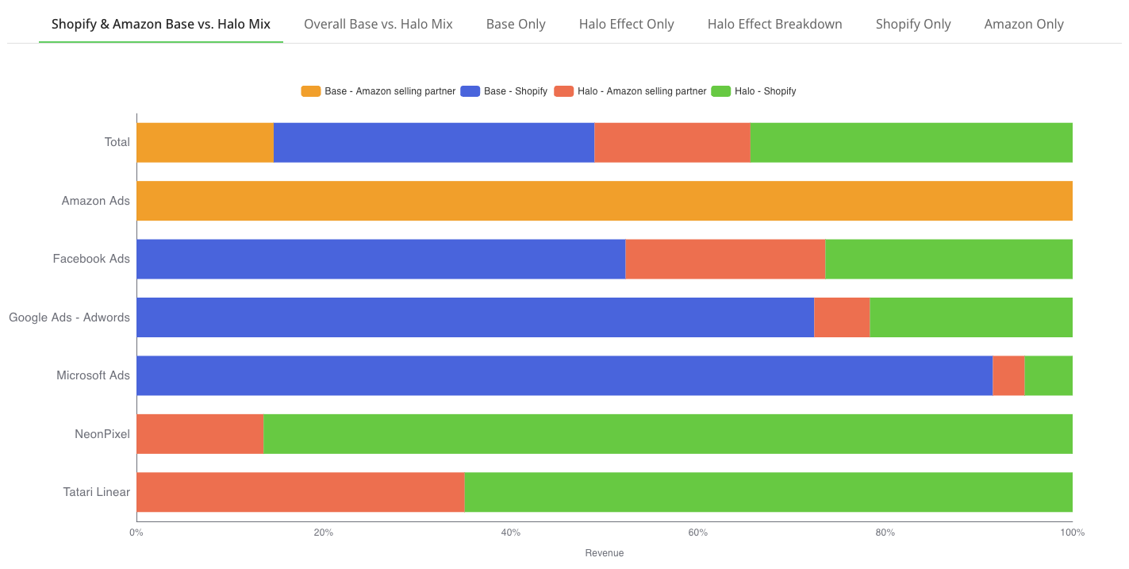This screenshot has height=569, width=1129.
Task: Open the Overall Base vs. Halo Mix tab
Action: click(x=378, y=24)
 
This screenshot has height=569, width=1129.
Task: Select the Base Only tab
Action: click(x=516, y=24)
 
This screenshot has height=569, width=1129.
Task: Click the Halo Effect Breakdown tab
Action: click(x=774, y=24)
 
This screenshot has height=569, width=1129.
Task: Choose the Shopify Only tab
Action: click(x=913, y=24)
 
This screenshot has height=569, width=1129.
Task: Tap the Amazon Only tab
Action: click(x=1023, y=24)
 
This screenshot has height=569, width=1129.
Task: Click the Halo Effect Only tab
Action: click(x=626, y=24)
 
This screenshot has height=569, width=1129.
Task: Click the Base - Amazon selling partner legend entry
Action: click(x=378, y=91)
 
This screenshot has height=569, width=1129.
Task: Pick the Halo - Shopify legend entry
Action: click(x=754, y=91)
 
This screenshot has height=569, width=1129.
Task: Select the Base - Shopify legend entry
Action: click(x=504, y=91)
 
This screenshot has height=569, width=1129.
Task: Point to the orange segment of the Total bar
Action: click(x=205, y=143)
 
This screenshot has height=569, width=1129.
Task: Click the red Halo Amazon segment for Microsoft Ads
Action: click(x=1008, y=375)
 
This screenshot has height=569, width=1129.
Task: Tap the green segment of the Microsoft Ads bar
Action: click(x=1048, y=375)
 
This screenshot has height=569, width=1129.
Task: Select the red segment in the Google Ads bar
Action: click(x=842, y=317)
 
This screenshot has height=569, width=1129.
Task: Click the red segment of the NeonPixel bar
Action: click(x=200, y=434)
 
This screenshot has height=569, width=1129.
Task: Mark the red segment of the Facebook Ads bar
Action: click(x=725, y=259)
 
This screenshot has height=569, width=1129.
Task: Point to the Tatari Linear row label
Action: click(x=96, y=492)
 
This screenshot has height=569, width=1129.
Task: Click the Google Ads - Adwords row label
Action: click(x=69, y=317)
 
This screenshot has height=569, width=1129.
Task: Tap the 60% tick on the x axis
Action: click(x=698, y=532)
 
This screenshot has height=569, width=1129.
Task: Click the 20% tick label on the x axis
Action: click(x=324, y=532)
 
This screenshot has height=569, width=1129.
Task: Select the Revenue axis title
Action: click(x=605, y=553)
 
